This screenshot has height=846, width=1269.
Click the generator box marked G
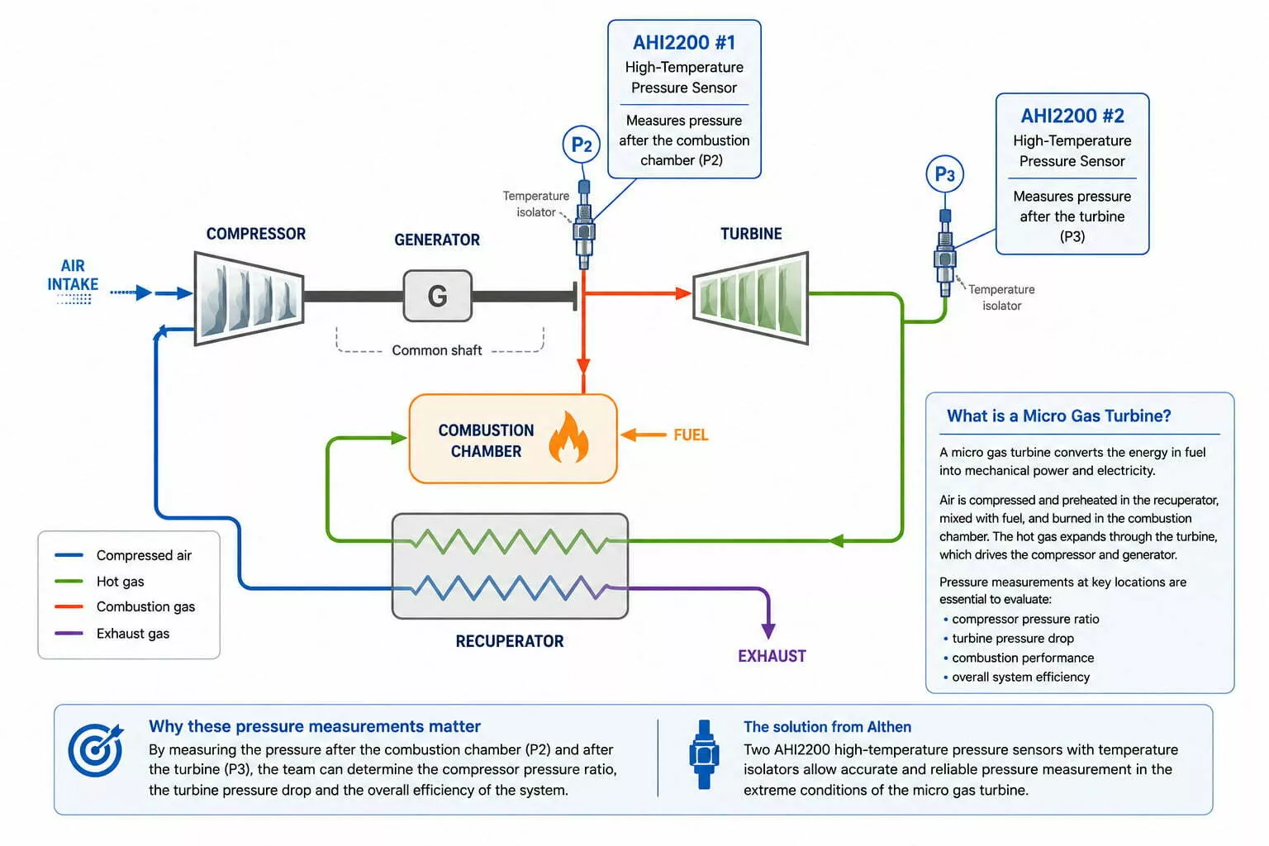click(437, 296)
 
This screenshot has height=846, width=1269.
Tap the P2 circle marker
click(582, 145)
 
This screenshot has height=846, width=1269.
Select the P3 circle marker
click(944, 173)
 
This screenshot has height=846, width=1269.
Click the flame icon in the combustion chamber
click(568, 437)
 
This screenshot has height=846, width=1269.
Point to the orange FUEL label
click(691, 435)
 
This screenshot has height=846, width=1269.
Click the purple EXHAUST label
click(772, 656)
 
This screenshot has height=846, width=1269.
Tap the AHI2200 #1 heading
click(684, 42)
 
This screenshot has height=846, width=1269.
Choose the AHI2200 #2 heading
click(1072, 116)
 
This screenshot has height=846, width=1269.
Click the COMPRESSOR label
click(255, 234)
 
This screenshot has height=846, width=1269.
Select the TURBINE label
click(751, 234)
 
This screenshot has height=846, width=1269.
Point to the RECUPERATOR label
click(509, 641)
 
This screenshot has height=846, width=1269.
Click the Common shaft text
click(437, 350)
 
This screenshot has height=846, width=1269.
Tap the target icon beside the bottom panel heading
click(96, 749)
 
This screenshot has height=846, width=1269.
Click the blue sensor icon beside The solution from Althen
click(704, 754)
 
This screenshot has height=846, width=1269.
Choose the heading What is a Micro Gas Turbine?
click(1059, 416)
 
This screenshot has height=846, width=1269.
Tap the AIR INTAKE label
click(73, 275)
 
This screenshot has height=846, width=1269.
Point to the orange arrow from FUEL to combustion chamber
click(643, 435)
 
